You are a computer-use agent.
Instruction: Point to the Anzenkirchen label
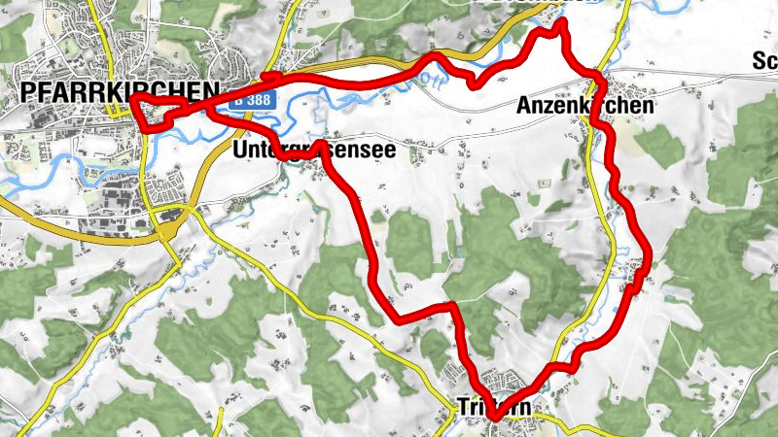[585, 105]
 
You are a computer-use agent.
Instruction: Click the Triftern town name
[494, 409]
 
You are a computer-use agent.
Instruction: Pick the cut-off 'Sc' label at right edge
[764, 63]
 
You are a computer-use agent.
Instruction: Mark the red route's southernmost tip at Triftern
[494, 419]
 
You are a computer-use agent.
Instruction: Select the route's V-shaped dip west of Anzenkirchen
[473, 85]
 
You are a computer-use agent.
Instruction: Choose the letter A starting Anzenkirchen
[524, 105]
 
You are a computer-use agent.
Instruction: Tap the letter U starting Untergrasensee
[239, 151]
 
